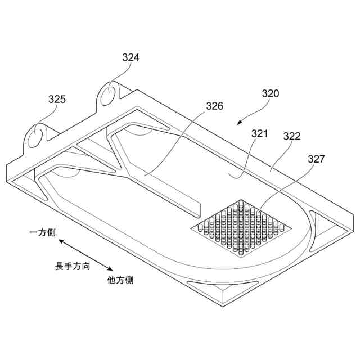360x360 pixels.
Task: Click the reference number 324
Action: [x=131, y=57]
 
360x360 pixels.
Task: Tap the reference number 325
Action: [x=57, y=99]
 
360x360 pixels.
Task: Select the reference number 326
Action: [x=214, y=106]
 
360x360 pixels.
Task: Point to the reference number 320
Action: [x=270, y=94]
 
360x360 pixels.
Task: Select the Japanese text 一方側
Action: [x=42, y=231]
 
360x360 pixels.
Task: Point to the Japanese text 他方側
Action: [x=120, y=280]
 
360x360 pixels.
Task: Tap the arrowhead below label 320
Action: [x=239, y=122]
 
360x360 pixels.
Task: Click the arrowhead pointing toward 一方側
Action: [x=60, y=241]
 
